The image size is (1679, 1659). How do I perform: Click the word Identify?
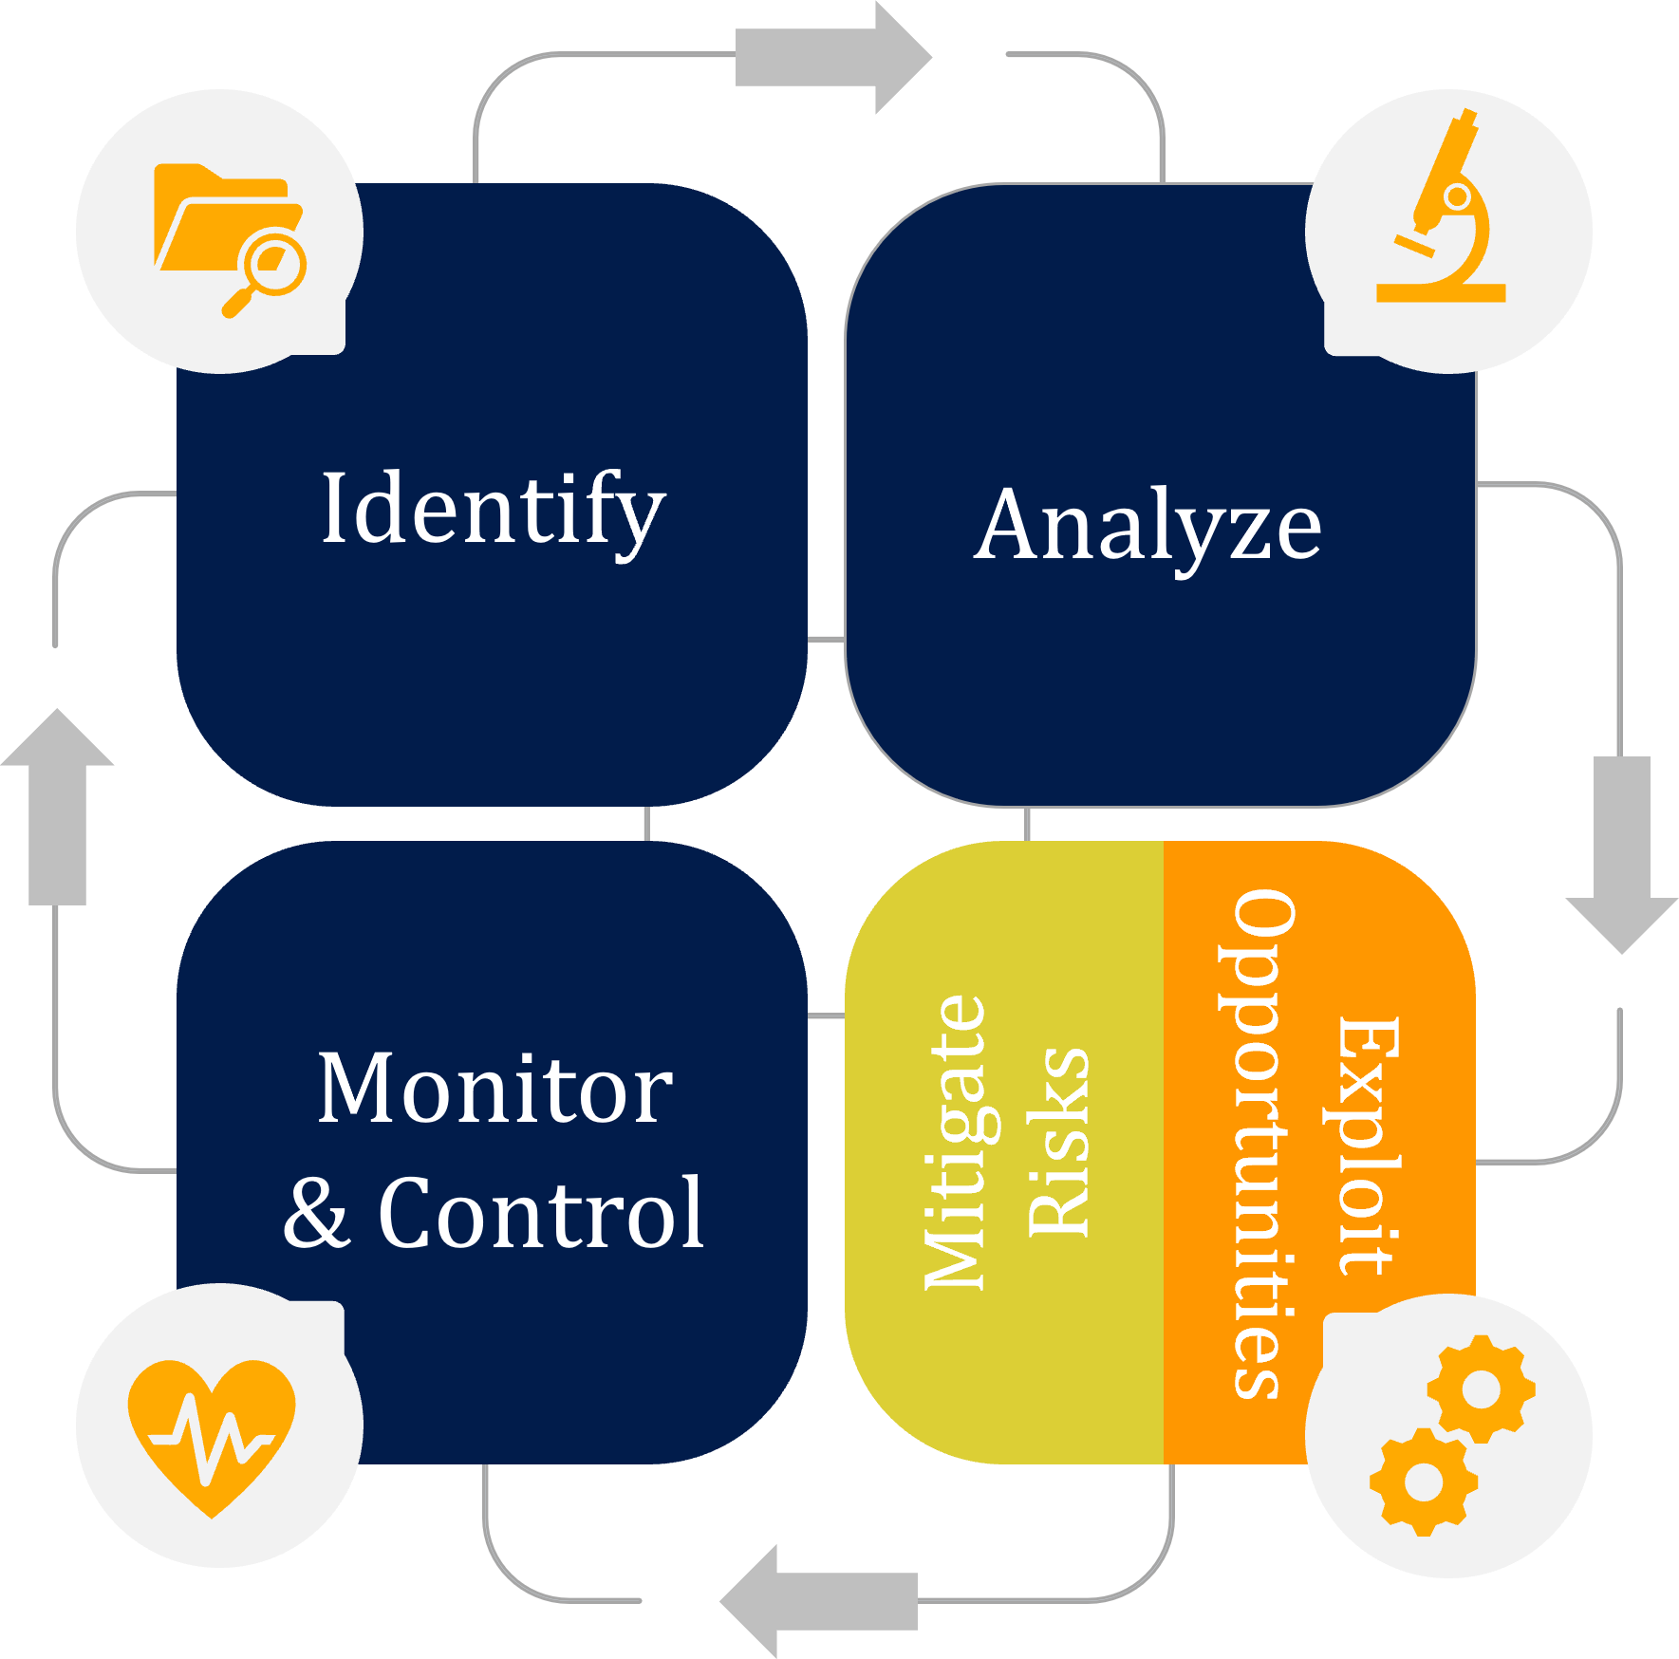[x=493, y=510]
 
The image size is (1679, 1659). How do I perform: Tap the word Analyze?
[x=1147, y=526]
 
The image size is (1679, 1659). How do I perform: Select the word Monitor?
[x=494, y=1089]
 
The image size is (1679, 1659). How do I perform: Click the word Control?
[x=541, y=1212]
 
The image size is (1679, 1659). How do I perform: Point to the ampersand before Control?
[x=318, y=1214]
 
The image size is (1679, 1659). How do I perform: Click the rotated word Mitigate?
[x=955, y=1143]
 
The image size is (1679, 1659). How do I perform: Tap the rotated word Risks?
[x=1058, y=1143]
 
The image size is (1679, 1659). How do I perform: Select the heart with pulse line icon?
[x=213, y=1434]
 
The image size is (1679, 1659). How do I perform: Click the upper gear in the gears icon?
[x=1481, y=1389]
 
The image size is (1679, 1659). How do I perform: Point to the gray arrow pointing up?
[x=58, y=807]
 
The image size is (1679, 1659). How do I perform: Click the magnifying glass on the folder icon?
[x=271, y=267]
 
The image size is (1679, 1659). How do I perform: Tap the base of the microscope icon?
[x=1441, y=292]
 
